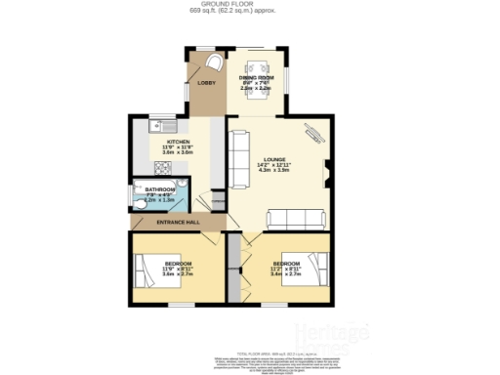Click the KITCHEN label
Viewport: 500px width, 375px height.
(178, 142)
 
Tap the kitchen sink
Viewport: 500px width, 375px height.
(155, 125)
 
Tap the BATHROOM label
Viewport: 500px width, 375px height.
(160, 189)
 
